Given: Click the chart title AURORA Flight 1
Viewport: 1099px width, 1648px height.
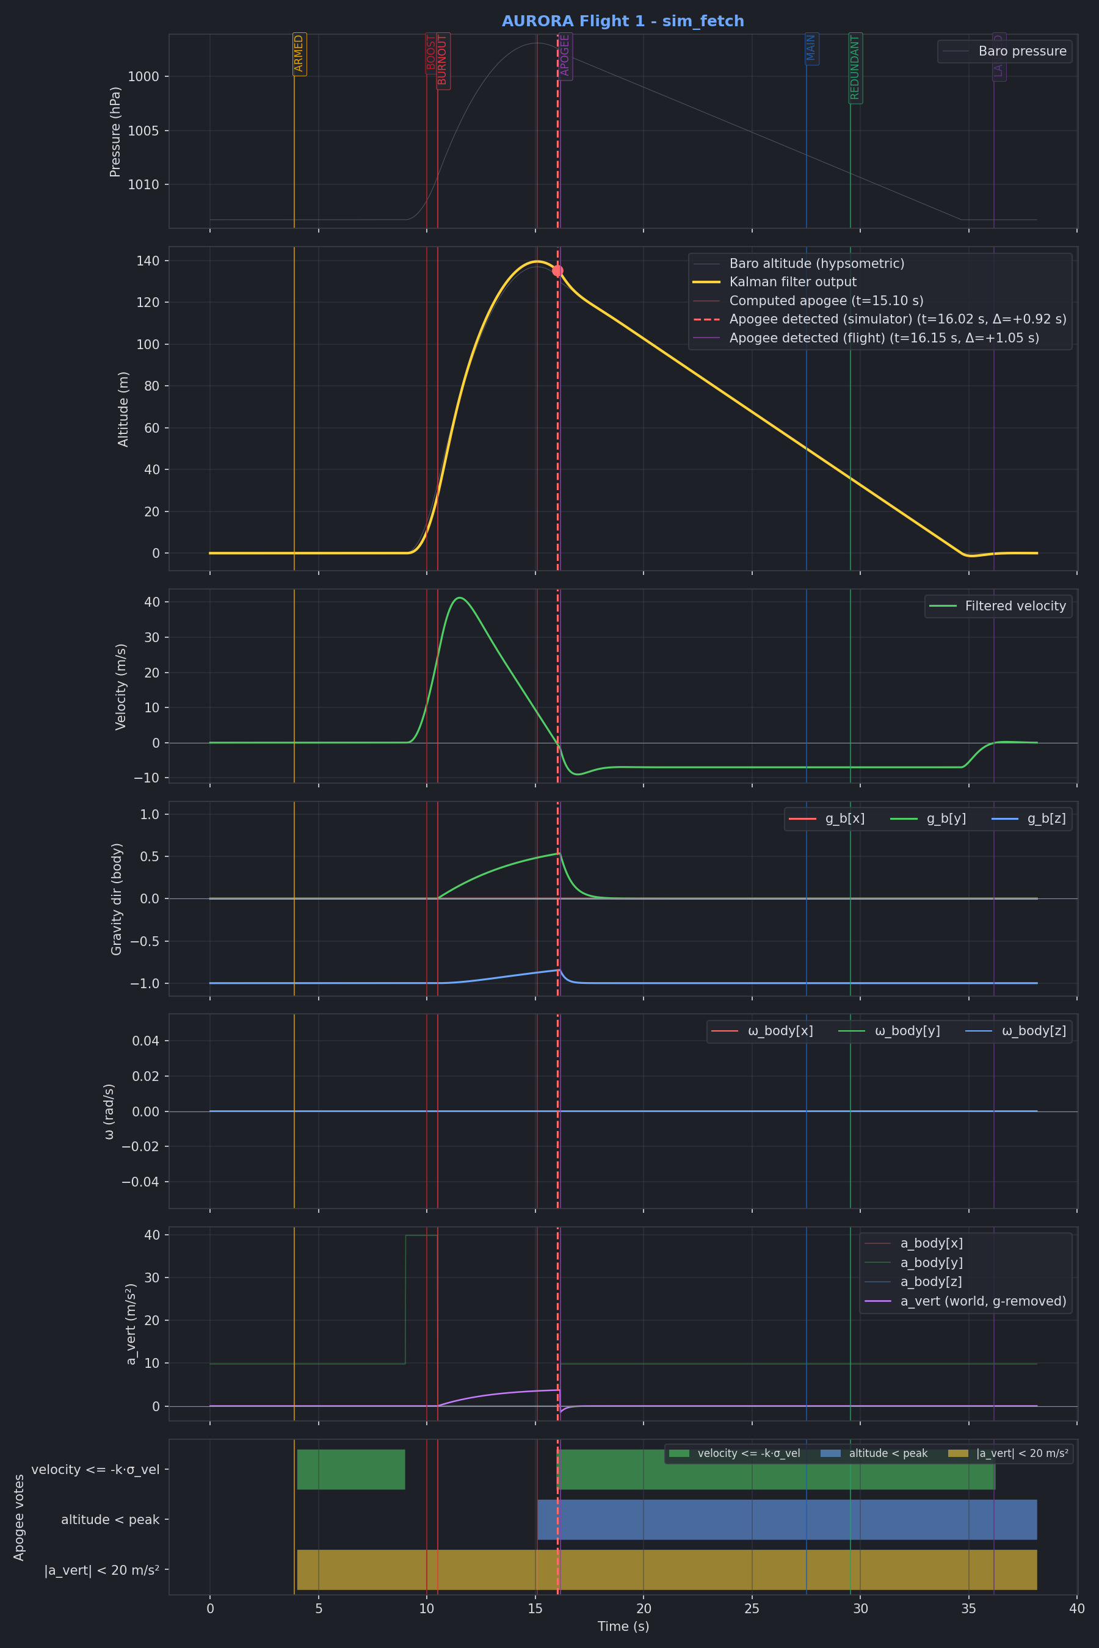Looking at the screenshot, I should point(622,21).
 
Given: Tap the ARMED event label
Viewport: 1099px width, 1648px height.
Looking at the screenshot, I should point(299,53).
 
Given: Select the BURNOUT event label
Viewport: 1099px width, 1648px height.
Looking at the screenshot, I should point(442,61).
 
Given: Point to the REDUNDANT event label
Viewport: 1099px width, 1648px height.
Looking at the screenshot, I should point(855,68).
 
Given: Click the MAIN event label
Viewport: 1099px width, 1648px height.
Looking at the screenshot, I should point(811,48).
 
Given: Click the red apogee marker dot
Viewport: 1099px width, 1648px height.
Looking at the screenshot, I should point(557,270).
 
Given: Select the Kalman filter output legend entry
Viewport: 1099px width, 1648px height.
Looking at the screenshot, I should point(792,281).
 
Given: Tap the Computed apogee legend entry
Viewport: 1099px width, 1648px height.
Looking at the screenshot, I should point(825,300).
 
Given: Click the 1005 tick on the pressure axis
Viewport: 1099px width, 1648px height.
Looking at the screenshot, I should point(147,131).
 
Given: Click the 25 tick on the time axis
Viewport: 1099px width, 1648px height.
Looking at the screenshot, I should point(752,1609).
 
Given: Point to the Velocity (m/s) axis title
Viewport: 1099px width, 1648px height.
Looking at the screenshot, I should point(120,687).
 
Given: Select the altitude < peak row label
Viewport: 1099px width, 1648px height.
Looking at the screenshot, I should point(110,1520).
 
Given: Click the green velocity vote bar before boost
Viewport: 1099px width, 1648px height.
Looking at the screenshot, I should point(350,1469).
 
